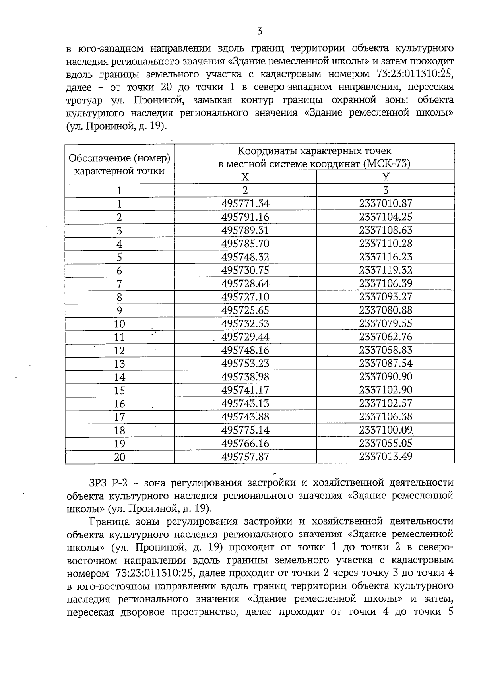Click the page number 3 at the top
click(x=260, y=31)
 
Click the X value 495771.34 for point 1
click(x=245, y=204)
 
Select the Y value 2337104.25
click(x=386, y=217)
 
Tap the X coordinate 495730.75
click(x=245, y=270)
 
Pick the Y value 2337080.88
click(x=386, y=310)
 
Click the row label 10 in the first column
click(x=119, y=324)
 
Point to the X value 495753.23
click(x=245, y=363)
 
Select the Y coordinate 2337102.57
click(x=386, y=403)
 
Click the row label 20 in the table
click(x=119, y=457)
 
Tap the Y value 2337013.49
click(x=386, y=457)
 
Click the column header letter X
click(x=245, y=177)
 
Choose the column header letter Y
click(x=386, y=177)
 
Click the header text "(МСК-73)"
click(x=387, y=164)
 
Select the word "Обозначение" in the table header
click(x=100, y=158)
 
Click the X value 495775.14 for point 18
click(x=245, y=430)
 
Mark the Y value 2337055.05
click(x=386, y=443)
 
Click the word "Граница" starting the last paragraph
click(x=110, y=521)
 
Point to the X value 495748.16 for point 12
click(x=245, y=350)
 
